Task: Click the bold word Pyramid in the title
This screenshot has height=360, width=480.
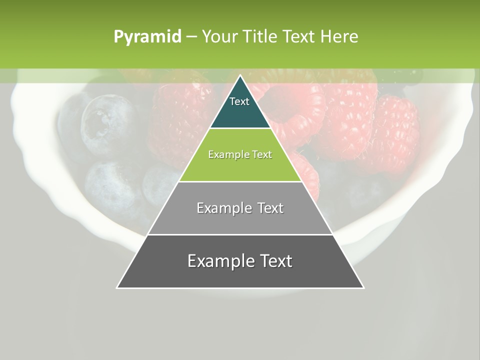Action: tap(147, 37)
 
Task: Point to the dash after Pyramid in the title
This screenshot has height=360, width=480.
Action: tap(191, 37)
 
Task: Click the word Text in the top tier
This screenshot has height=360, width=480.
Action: tap(239, 101)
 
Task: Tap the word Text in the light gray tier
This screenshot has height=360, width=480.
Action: tap(270, 208)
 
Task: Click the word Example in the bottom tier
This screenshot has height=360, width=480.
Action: tap(219, 261)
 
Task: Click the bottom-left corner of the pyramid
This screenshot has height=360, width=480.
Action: tap(117, 288)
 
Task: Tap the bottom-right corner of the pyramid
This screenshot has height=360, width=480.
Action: tap(363, 288)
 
